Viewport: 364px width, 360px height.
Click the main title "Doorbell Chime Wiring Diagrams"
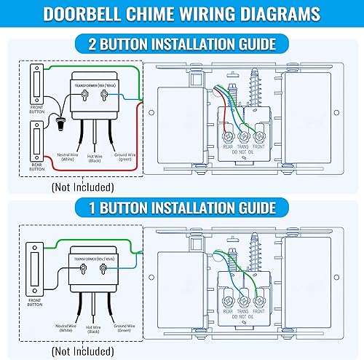[182, 14]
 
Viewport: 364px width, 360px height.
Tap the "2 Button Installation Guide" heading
[182, 44]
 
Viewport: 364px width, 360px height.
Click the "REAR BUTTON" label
[36, 165]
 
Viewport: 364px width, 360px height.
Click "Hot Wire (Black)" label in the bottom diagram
[93, 331]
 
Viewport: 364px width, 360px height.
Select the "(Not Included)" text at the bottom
[82, 351]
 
